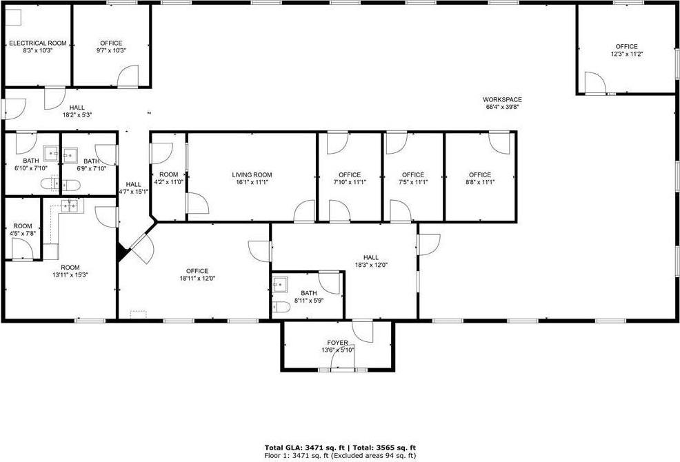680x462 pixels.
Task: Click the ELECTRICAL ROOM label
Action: [x=37, y=43]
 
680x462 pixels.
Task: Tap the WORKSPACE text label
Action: [x=501, y=99]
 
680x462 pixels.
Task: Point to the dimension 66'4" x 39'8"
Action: [x=501, y=107]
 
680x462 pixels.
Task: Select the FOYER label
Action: [x=337, y=343]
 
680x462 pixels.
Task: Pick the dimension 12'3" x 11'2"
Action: [x=627, y=54]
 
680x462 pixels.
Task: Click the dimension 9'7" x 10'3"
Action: [x=110, y=50]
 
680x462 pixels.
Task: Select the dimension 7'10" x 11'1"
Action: [x=350, y=182]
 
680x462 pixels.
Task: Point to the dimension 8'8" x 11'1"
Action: [x=479, y=182]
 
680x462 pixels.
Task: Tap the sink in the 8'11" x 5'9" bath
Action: [x=280, y=284]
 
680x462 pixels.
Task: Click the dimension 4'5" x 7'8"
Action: [x=22, y=233]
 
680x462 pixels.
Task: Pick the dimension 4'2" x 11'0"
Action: [x=168, y=182]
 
